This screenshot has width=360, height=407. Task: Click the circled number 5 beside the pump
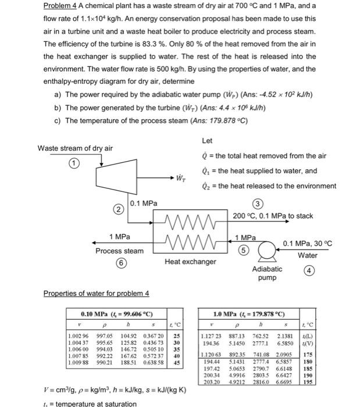coord(244,250)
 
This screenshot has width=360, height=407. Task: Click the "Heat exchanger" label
coord(190,262)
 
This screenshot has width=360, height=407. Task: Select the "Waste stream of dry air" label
coord(75,148)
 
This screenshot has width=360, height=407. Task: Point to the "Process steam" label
coord(119,251)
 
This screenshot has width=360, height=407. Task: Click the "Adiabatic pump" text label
coord(267,273)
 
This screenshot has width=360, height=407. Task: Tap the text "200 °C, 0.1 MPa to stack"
coord(273,216)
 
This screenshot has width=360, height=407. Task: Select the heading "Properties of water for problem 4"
coord(97,293)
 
